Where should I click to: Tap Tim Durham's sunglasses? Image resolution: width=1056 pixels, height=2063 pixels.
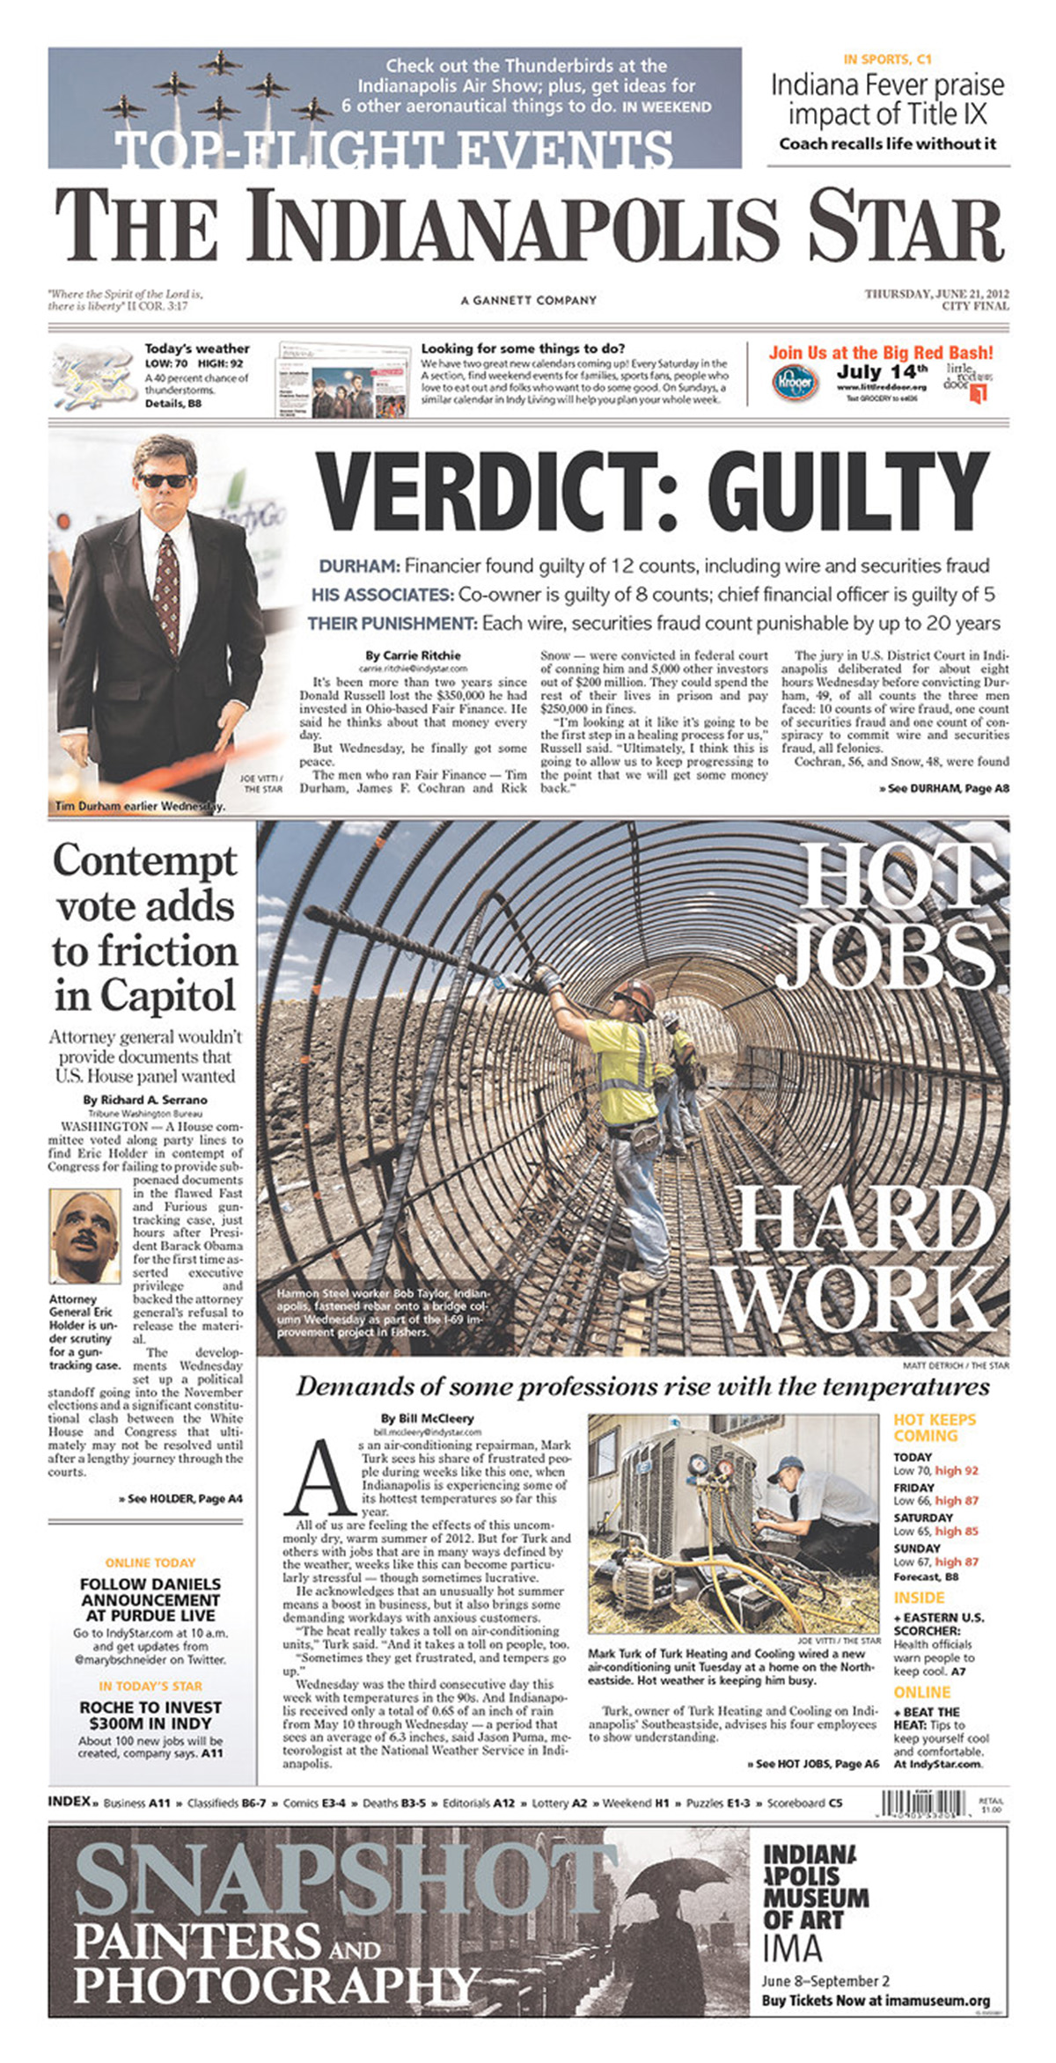coord(165,480)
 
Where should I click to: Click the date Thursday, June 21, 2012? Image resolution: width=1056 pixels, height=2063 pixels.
coord(936,294)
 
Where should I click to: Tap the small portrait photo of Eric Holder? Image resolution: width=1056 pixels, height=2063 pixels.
coord(84,1236)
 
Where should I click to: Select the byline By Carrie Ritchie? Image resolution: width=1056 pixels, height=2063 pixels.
coord(413,655)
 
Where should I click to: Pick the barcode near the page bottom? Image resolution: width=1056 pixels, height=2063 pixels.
coord(925,1803)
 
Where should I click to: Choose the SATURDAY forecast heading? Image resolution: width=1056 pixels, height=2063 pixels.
coord(923,1518)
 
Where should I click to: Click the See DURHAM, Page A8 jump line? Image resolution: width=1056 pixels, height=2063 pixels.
coord(943,788)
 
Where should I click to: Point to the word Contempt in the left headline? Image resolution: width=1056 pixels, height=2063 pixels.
coord(145,860)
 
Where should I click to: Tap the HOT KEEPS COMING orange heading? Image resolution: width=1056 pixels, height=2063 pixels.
coord(935,1427)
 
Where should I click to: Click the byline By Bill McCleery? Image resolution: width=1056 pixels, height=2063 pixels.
coord(427,1418)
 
